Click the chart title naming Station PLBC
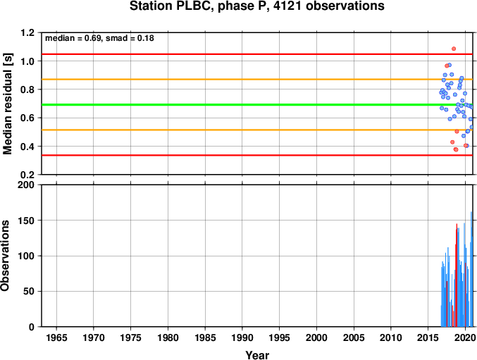pos(256,6)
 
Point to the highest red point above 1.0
pos(454,49)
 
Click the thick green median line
pos(257,104)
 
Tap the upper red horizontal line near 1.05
pos(257,54)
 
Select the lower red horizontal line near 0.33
pos(257,155)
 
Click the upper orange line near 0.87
pos(257,80)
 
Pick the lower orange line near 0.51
pos(257,130)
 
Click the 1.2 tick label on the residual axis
pos(27,32)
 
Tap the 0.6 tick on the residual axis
pos(27,118)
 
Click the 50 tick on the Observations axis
pos(29,291)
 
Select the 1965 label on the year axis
pos(56,337)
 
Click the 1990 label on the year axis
pos(242,337)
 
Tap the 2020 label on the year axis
pos(465,337)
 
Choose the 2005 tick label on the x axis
pos(354,337)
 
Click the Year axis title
pos(257,355)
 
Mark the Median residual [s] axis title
pos(7,104)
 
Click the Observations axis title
pos(5,256)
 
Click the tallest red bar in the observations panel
pos(457,275)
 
